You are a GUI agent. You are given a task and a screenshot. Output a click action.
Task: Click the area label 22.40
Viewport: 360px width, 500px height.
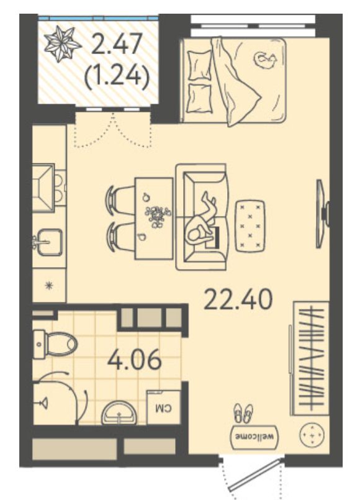(238, 299)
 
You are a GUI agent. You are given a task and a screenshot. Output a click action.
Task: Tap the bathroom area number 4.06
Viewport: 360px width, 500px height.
(135, 360)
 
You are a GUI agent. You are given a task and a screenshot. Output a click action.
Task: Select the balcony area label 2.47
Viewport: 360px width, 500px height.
(116, 44)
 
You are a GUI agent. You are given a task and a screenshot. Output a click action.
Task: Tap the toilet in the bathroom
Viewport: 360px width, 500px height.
(55, 344)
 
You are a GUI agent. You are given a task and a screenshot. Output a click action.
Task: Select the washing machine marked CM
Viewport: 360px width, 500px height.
(164, 407)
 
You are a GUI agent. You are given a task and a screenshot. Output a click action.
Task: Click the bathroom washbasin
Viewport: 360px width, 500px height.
(119, 413)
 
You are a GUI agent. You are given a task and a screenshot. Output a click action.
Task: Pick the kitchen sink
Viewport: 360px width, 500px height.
(50, 242)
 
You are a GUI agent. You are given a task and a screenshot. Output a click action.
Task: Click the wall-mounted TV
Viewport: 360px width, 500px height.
(322, 214)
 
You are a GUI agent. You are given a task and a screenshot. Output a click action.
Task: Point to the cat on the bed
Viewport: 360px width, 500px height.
(265, 60)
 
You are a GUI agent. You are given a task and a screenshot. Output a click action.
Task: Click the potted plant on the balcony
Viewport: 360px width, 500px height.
(62, 43)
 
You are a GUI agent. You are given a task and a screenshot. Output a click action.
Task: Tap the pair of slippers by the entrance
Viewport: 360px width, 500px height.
(243, 414)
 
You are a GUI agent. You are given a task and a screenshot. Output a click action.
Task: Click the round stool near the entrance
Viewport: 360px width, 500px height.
(312, 435)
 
